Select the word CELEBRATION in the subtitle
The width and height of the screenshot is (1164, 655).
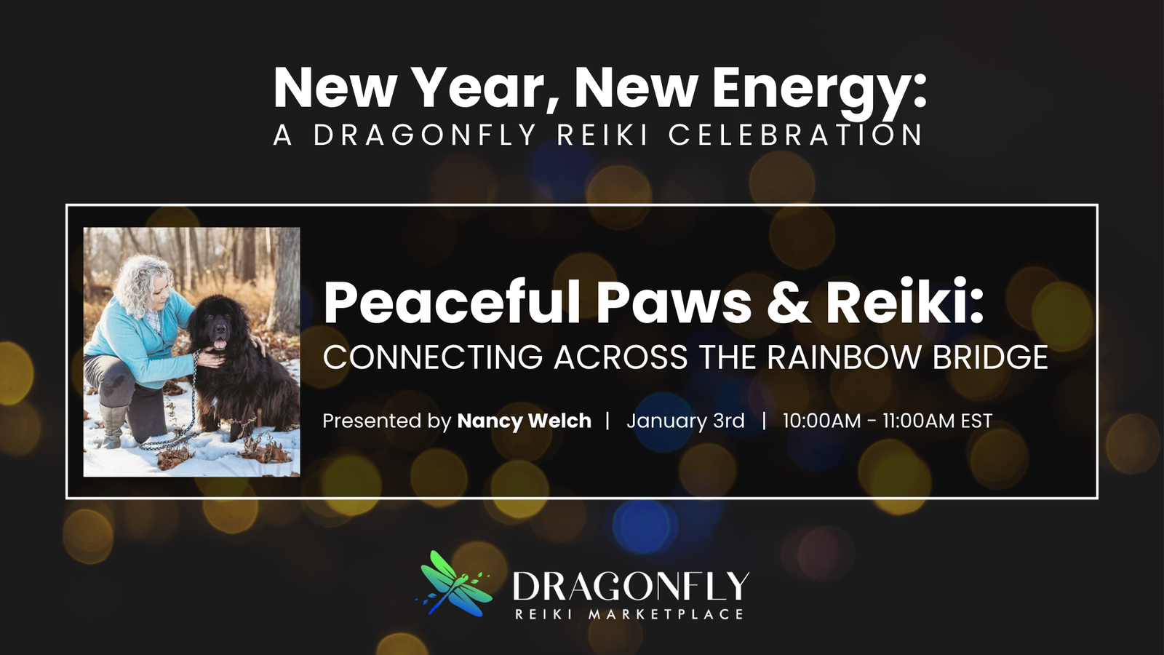click(x=794, y=135)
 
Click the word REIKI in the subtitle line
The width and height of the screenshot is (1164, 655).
click(x=602, y=135)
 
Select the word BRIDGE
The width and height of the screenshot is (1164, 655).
click(x=990, y=357)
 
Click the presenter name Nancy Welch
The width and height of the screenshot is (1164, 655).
click(x=525, y=421)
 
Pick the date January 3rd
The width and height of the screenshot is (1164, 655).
click(x=685, y=421)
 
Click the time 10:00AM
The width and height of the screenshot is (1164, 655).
click(x=821, y=421)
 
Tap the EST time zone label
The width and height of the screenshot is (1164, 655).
click(x=976, y=421)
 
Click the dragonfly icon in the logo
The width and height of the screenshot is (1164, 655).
click(x=454, y=583)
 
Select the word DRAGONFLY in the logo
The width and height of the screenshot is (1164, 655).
click(x=631, y=586)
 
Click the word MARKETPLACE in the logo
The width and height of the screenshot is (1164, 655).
click(x=666, y=614)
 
